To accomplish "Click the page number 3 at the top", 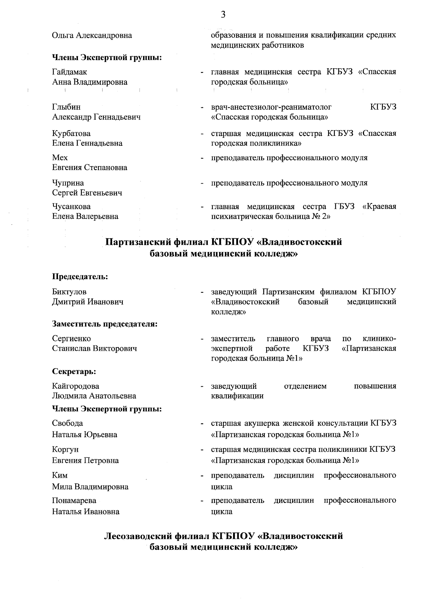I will tap(223, 15).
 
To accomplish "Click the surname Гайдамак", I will tap(69, 72).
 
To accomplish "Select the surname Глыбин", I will tap(66, 107).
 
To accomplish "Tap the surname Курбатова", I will tap(71, 133).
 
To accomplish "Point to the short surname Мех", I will tap(60, 158).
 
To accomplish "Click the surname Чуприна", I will tap(68, 183).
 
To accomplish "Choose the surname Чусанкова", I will tap(71, 207).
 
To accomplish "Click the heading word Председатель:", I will tap(80, 276).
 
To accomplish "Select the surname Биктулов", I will tap(69, 292).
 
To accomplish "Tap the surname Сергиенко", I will tap(71, 338).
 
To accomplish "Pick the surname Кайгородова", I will tap(75, 386).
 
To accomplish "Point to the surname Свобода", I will tap(67, 423).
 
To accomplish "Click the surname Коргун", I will tap(65, 450).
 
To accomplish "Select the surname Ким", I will tap(59, 476).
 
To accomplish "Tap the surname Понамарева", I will tap(74, 501).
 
